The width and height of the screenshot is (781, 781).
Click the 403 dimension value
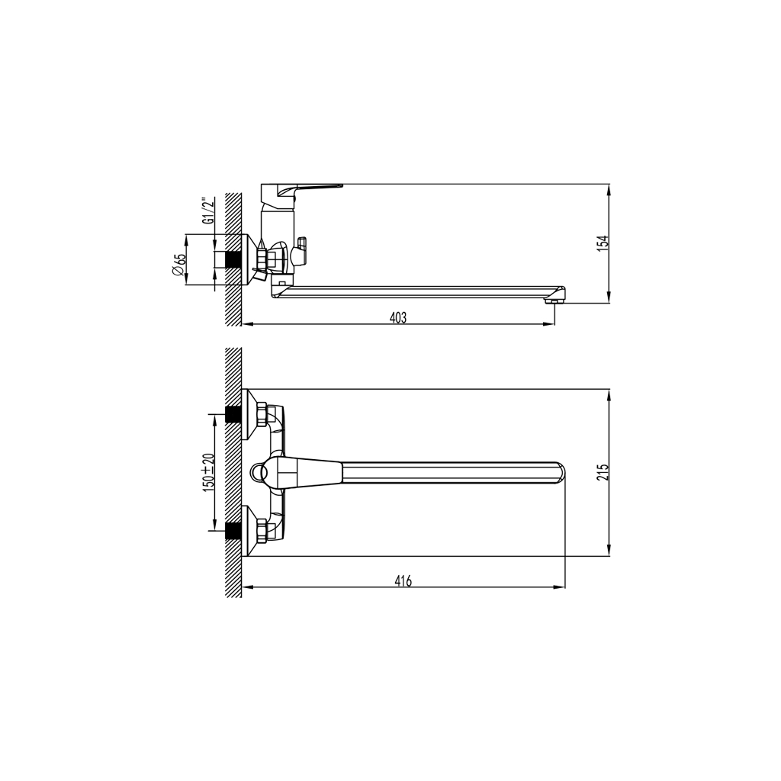(398, 318)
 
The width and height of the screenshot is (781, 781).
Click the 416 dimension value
(403, 581)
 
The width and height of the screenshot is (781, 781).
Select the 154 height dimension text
(603, 243)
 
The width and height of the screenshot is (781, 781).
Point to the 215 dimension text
(603, 473)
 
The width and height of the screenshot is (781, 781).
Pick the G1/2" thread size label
(206, 211)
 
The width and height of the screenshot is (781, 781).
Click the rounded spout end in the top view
(559, 473)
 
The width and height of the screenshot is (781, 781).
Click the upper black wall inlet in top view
(233, 415)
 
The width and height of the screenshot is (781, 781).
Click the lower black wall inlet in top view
(233, 531)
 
